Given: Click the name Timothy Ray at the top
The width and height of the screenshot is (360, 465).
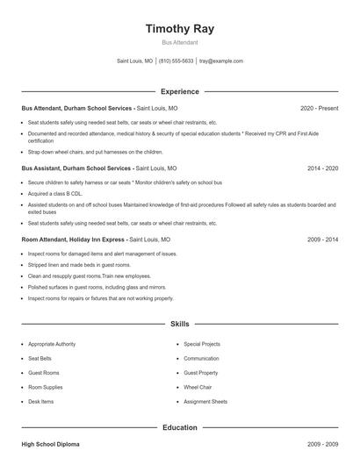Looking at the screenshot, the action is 179,28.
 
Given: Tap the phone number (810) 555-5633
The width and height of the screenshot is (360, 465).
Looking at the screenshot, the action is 176,61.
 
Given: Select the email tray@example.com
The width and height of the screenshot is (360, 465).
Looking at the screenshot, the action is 220,61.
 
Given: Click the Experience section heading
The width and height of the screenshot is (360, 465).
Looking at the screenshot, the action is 179,91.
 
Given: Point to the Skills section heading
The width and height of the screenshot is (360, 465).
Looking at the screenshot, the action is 179,324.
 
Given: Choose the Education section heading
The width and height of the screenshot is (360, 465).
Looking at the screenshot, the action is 179,427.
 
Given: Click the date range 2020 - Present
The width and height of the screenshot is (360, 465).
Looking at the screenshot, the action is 319,108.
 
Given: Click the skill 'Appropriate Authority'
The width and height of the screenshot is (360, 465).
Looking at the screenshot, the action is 52,344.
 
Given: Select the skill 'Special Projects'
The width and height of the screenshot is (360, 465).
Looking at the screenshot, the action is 202,344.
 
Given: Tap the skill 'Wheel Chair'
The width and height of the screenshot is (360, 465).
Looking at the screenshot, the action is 198,387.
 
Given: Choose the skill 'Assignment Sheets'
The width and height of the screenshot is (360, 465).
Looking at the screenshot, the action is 205,401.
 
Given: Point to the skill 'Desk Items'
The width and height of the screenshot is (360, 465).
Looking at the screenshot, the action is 41,401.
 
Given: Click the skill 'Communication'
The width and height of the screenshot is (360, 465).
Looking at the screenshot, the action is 201,358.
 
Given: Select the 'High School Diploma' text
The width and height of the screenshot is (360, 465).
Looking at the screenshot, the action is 50,445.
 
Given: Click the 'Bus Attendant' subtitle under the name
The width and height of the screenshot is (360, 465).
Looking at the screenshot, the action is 179,42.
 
